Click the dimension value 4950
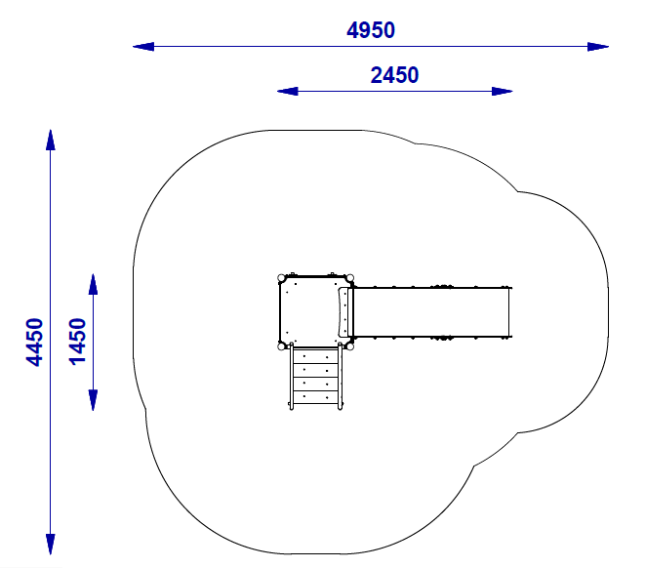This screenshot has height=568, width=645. (x=371, y=30)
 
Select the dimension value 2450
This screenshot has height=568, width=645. (x=394, y=75)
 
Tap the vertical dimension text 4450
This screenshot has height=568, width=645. (x=34, y=343)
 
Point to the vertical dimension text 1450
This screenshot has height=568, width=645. (x=77, y=343)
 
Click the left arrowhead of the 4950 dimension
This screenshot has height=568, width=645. (x=143, y=47)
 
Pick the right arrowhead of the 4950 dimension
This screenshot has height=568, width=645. (x=598, y=47)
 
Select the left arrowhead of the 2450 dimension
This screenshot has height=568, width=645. (x=288, y=92)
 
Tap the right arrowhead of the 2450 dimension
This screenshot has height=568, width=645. (x=503, y=92)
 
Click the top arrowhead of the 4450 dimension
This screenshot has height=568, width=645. (x=50, y=140)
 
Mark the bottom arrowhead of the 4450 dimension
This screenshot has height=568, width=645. (x=50, y=545)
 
